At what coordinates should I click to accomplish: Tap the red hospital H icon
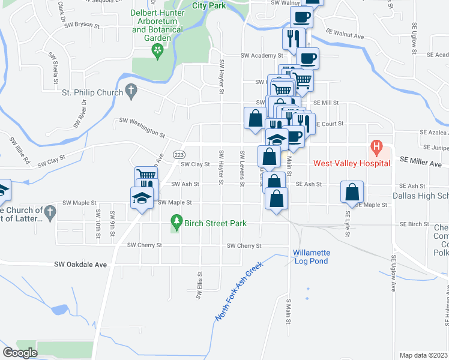(x=376, y=146)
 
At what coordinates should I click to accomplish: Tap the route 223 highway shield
(x=179, y=154)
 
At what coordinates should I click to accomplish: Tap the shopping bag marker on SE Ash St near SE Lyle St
(x=352, y=191)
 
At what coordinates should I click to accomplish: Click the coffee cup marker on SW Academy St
(x=308, y=59)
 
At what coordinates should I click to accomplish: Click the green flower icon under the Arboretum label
(x=158, y=52)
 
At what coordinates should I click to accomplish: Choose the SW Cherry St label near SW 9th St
(x=144, y=245)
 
